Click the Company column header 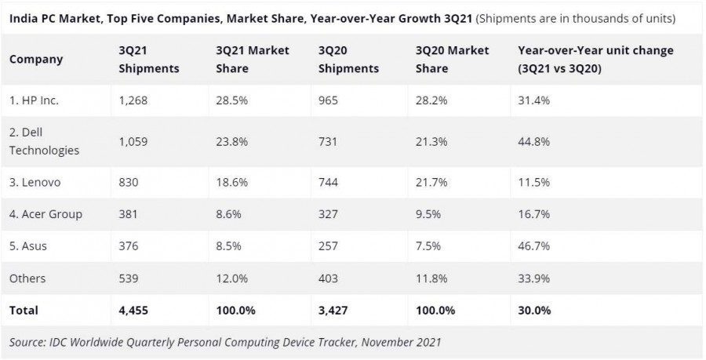click(36, 59)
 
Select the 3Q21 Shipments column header click(148, 59)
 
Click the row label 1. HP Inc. click(34, 100)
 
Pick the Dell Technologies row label click(44, 142)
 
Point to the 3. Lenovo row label click(35, 182)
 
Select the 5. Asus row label click(28, 246)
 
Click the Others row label click(27, 278)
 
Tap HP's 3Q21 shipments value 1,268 click(133, 100)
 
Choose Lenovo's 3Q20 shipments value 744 click(329, 182)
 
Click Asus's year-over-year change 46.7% click(533, 246)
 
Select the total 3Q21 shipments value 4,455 click(133, 311)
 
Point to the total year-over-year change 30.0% click(534, 311)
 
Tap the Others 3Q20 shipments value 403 click(329, 278)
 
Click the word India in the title click(23, 17)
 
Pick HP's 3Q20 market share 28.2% click(431, 100)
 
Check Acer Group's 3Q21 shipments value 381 click(128, 214)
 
